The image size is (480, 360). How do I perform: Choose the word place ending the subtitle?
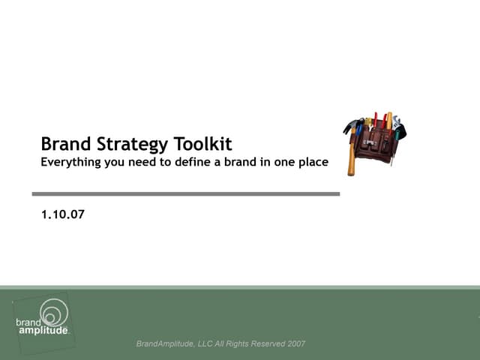point(312,162)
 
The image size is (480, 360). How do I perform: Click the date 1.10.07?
point(63,214)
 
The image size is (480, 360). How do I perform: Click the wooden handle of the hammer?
point(350,157)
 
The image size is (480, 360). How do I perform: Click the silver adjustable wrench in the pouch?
point(396,123)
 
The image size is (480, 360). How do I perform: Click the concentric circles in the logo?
point(53,311)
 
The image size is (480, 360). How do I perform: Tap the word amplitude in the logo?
point(42,330)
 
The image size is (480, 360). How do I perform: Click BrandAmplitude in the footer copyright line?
point(163,344)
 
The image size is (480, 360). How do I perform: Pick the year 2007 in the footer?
point(295,344)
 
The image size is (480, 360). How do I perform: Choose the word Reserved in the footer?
point(263,344)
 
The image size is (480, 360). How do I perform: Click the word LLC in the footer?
point(203,344)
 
